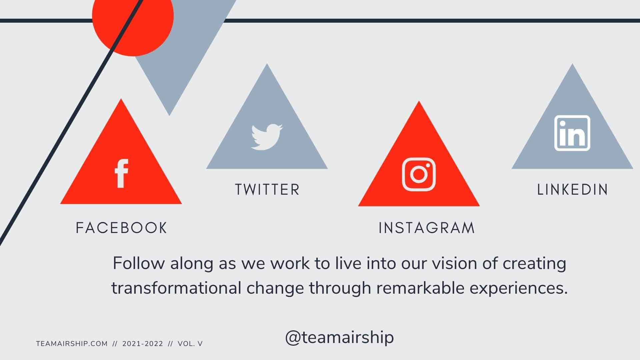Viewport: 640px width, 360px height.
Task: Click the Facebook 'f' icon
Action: point(121,174)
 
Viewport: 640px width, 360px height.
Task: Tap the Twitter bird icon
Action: point(267,137)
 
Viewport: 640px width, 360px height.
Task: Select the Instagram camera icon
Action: point(419,174)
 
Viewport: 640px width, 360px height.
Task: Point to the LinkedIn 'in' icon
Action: point(572,133)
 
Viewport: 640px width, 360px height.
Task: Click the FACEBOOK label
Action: point(121,228)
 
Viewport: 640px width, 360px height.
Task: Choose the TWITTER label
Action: point(267,190)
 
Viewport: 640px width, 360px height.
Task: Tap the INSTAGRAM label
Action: point(427,228)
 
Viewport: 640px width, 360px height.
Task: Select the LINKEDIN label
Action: point(572,190)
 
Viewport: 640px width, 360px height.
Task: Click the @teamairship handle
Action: point(339,337)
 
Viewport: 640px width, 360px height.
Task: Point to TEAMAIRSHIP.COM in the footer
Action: point(72,344)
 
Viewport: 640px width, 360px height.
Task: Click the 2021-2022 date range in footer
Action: point(143,344)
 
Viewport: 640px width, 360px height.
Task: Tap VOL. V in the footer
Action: point(190,344)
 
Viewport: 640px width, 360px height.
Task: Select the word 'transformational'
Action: point(176,288)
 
